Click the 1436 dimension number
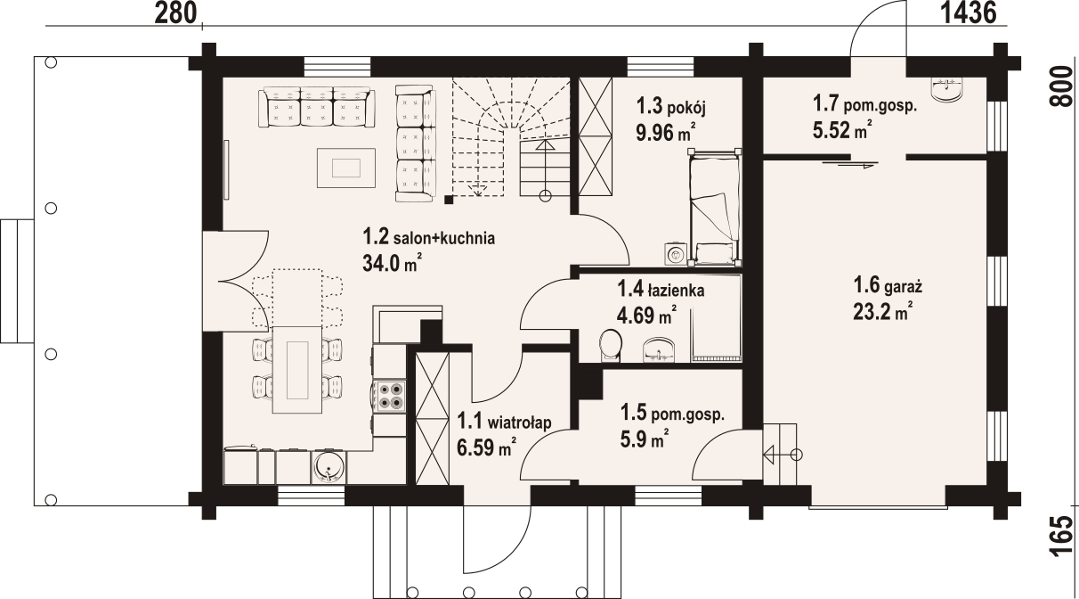coord(969,13)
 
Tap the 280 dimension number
coord(175,13)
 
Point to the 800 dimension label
coord(1061,86)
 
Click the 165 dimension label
coord(1061,544)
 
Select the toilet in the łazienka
coord(611,345)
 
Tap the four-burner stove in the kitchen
coord(390,396)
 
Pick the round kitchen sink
coord(329,467)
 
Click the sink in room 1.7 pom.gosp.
coord(947,90)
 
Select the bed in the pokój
coord(714,207)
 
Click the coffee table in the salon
coord(345,168)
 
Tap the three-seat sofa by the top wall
coord(317,107)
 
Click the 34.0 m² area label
coord(392,263)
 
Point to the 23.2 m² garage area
coord(882,311)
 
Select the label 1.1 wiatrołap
coord(504,422)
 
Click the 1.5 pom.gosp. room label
coord(672,414)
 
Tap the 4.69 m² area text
coord(646,316)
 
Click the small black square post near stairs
coord(449,199)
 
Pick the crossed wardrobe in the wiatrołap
coord(432,419)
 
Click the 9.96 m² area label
coord(665,132)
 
